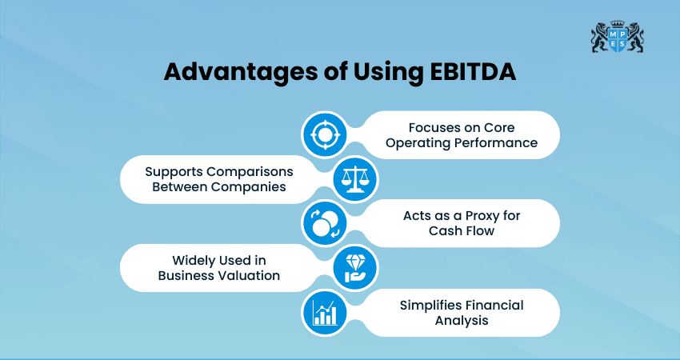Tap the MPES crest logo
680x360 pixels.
point(617,37)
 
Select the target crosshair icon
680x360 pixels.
point(325,134)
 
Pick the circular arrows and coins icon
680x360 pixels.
point(325,223)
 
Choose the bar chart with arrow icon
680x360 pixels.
point(325,312)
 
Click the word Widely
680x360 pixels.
point(196,260)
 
